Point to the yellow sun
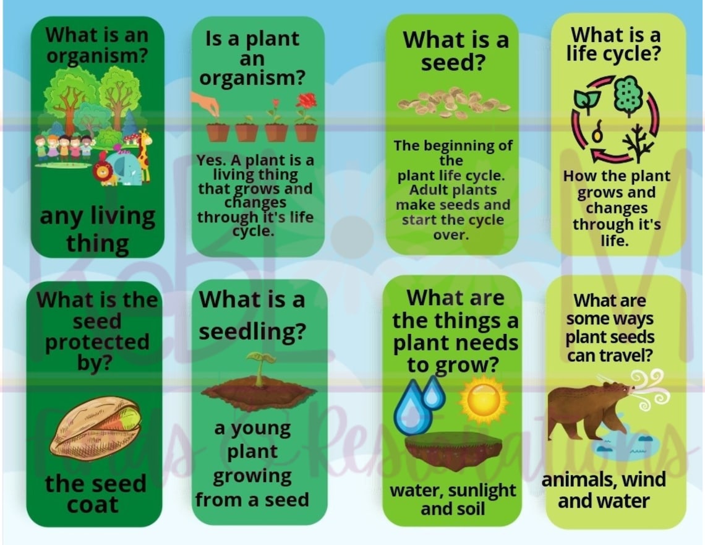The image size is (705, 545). (x=484, y=399)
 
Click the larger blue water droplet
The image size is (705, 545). (x=412, y=408)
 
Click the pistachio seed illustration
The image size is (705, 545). (x=96, y=427)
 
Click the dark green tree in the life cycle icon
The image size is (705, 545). (x=628, y=95)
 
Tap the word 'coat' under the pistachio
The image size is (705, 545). (x=93, y=505)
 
